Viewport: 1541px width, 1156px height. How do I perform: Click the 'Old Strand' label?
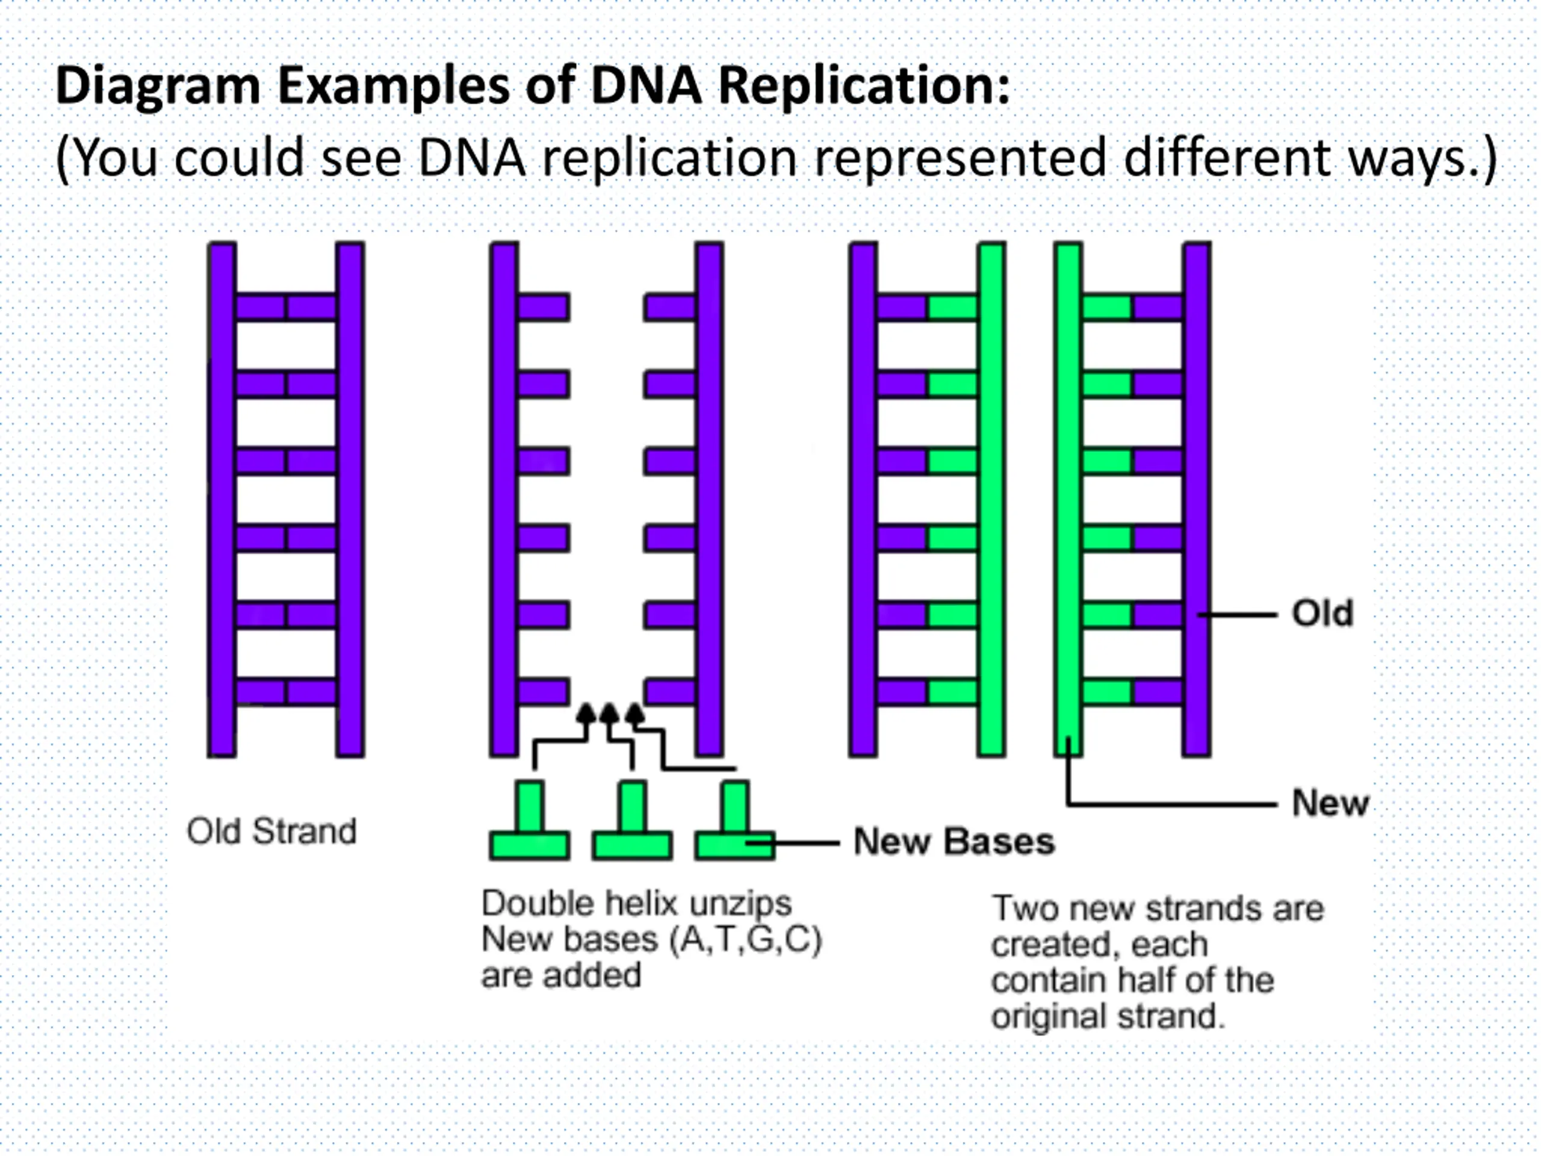coord(271,831)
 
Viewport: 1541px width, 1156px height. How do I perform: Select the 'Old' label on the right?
coord(1322,614)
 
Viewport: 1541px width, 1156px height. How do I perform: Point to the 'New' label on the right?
coord(1330,803)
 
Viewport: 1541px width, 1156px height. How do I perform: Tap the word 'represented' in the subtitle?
coord(961,159)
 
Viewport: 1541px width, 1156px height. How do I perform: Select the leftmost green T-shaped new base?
coord(530,820)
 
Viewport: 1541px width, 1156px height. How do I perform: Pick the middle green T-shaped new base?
coord(632,820)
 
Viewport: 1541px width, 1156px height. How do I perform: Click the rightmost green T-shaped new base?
coord(735,820)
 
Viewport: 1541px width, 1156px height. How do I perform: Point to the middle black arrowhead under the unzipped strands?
coord(610,713)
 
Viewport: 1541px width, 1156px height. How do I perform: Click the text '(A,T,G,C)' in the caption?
coord(745,940)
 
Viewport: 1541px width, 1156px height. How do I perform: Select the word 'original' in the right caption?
coord(1049,1018)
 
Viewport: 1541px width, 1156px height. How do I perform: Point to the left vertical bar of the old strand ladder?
coord(222,500)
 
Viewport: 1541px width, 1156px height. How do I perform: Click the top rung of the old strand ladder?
coord(287,307)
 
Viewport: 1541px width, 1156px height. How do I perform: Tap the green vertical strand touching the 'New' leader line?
coord(1068,500)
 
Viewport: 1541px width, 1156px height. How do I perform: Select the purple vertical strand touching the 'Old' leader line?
coord(1197,500)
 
